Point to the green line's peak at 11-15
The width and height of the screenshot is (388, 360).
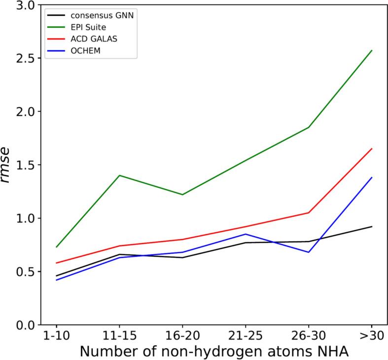119,175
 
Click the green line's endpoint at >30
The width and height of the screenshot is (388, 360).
372,50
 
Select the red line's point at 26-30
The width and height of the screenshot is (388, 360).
309,213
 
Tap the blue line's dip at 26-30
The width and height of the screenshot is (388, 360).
309,252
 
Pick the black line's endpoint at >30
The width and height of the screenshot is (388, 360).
372,226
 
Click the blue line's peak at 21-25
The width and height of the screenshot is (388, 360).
246,234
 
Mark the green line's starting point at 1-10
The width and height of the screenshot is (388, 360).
56,247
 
